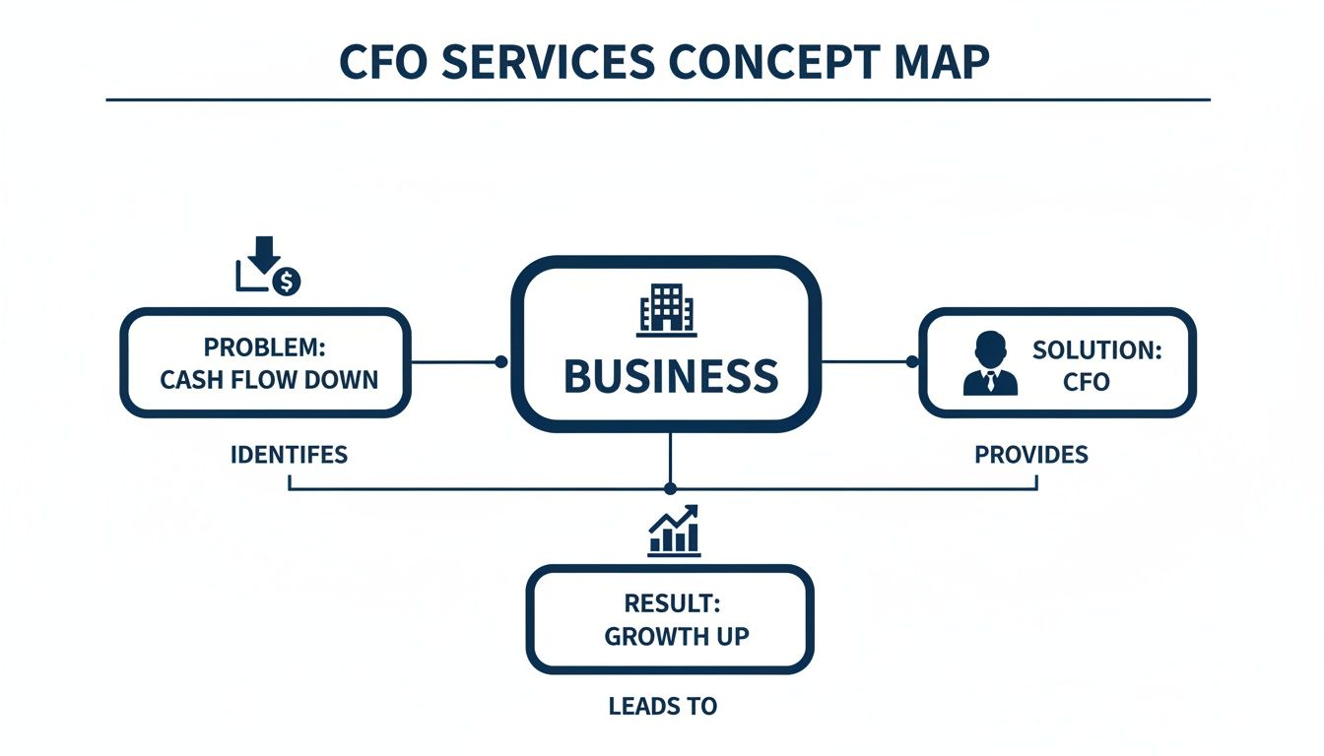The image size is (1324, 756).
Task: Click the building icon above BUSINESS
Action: point(667,308)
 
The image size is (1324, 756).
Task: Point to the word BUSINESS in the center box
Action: point(671,377)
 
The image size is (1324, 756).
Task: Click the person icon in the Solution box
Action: point(990,363)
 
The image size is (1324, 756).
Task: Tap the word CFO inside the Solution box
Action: point(1086,382)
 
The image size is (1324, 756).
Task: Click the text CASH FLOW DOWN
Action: point(269,379)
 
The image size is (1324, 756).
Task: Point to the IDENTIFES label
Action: point(289,455)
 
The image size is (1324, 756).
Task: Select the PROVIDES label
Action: point(1031,455)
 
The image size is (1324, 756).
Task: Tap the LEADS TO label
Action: point(663,706)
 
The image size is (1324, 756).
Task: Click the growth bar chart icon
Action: point(675,532)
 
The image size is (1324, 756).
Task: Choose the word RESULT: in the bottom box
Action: point(670,604)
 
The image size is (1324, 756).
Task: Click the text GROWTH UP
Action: point(676,636)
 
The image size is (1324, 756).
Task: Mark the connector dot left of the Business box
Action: point(500,362)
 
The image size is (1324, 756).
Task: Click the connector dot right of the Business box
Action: point(911,362)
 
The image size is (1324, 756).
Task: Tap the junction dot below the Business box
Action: point(671,488)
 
